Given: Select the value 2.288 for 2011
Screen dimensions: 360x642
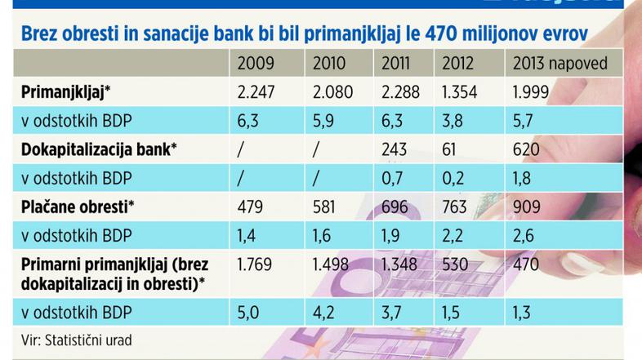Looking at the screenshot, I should (399, 91).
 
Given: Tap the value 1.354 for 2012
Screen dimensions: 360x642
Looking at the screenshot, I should (461, 91).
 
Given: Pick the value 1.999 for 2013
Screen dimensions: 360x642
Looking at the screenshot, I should (531, 91).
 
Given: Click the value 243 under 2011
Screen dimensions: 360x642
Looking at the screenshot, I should (394, 149).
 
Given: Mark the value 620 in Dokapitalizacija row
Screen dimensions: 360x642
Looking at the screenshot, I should (526, 149).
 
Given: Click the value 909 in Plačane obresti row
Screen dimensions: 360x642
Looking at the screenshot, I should (527, 207).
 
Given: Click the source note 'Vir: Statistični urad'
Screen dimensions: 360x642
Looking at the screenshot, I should (67, 338).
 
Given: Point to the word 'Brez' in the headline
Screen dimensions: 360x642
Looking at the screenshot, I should (40, 33).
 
